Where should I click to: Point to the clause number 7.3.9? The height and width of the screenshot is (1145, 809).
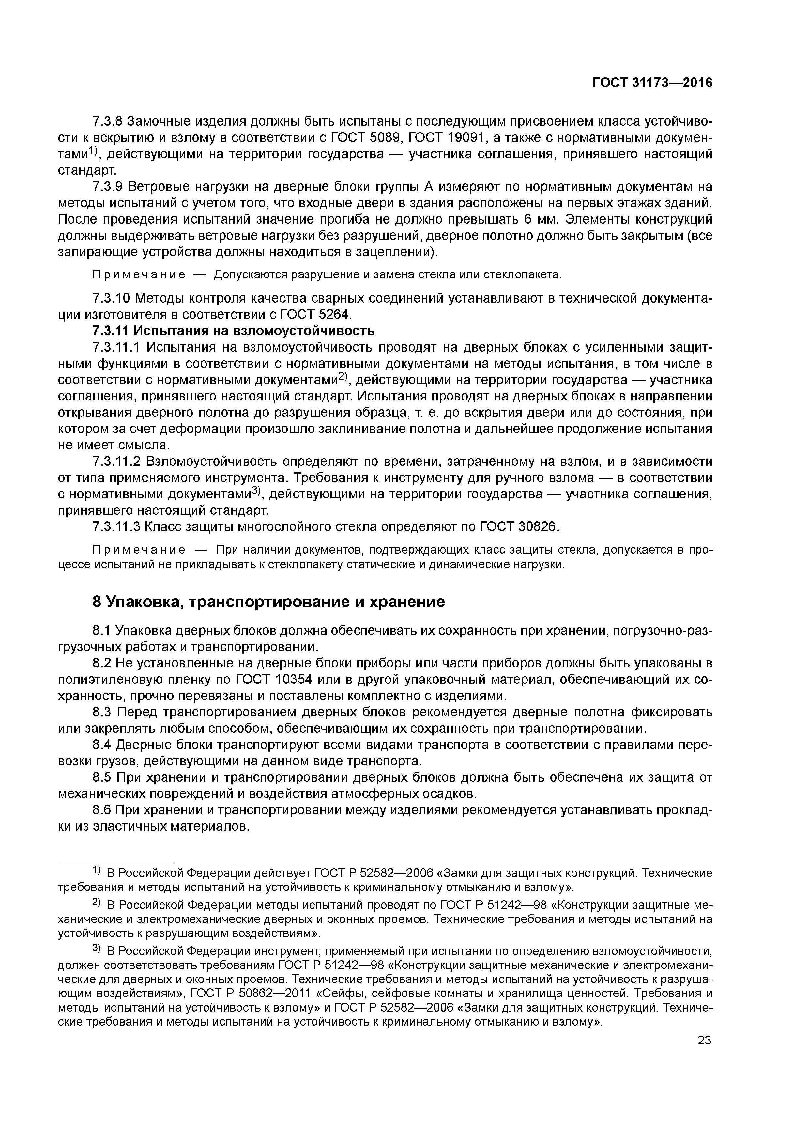coord(107,187)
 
